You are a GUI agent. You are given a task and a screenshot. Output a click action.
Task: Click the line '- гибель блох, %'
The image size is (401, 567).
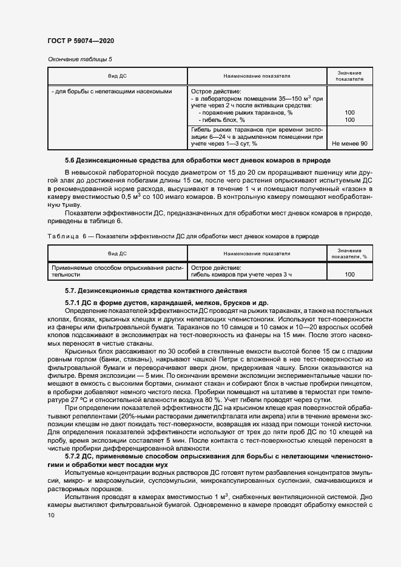pos(223,120)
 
